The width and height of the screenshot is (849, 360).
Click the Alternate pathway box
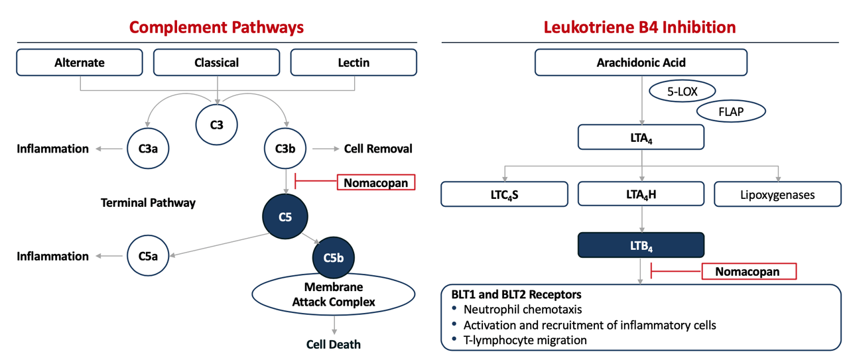point(80,62)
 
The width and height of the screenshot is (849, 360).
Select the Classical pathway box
point(216,62)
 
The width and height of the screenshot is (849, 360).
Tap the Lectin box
point(354,62)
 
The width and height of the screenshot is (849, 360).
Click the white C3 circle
point(216,125)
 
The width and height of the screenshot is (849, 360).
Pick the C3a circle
point(148,148)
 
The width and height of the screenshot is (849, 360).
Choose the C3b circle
point(285,148)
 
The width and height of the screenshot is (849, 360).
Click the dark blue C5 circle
point(285,216)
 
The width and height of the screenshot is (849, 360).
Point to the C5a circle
point(148,256)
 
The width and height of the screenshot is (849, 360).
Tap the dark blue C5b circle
point(333,257)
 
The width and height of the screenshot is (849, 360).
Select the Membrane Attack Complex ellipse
point(334,294)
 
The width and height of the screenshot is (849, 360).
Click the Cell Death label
point(334,344)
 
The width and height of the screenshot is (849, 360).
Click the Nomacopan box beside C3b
point(376,182)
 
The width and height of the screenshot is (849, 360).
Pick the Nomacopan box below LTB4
point(749,271)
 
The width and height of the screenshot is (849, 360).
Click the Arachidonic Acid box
point(641,62)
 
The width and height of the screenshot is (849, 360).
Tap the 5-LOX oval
point(683,91)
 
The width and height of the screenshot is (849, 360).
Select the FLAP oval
point(731,111)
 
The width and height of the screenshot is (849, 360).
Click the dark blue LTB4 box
point(641,245)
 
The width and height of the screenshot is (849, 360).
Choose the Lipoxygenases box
point(777,194)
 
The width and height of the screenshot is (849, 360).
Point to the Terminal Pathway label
point(148,203)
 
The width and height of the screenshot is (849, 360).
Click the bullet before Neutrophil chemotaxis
point(454,308)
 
